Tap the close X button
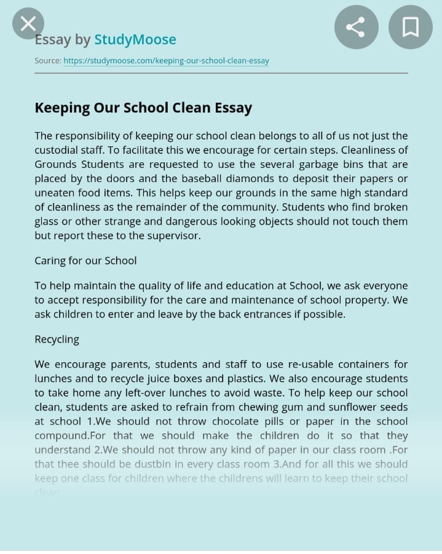point(28,24)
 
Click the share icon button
point(355,26)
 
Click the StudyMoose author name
point(135,40)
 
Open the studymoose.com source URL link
point(166,61)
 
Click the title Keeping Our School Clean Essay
point(143,108)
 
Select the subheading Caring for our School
point(85,261)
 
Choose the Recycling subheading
point(57,339)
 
